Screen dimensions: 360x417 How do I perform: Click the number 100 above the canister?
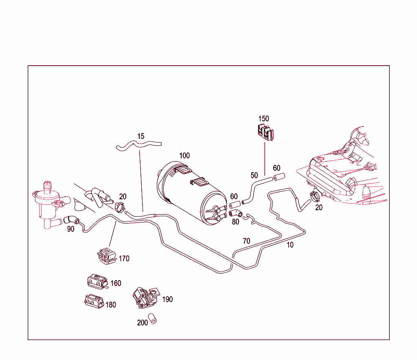184,156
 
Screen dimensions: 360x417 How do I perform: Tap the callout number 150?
263,119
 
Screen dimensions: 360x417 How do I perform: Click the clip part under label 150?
265,133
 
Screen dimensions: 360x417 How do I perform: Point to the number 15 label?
140,136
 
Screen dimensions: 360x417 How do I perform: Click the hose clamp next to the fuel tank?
315,196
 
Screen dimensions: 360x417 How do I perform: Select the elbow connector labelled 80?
235,213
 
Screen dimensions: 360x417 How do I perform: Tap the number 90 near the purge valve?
71,229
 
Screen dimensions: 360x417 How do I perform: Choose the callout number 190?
167,299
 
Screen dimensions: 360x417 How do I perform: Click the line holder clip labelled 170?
106,255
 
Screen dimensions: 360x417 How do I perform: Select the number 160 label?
116,283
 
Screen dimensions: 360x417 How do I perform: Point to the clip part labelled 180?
94,302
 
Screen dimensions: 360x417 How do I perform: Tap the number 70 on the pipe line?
246,241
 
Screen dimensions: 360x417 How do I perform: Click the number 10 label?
290,245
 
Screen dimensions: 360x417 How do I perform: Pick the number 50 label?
254,176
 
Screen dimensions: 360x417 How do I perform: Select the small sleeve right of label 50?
279,177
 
